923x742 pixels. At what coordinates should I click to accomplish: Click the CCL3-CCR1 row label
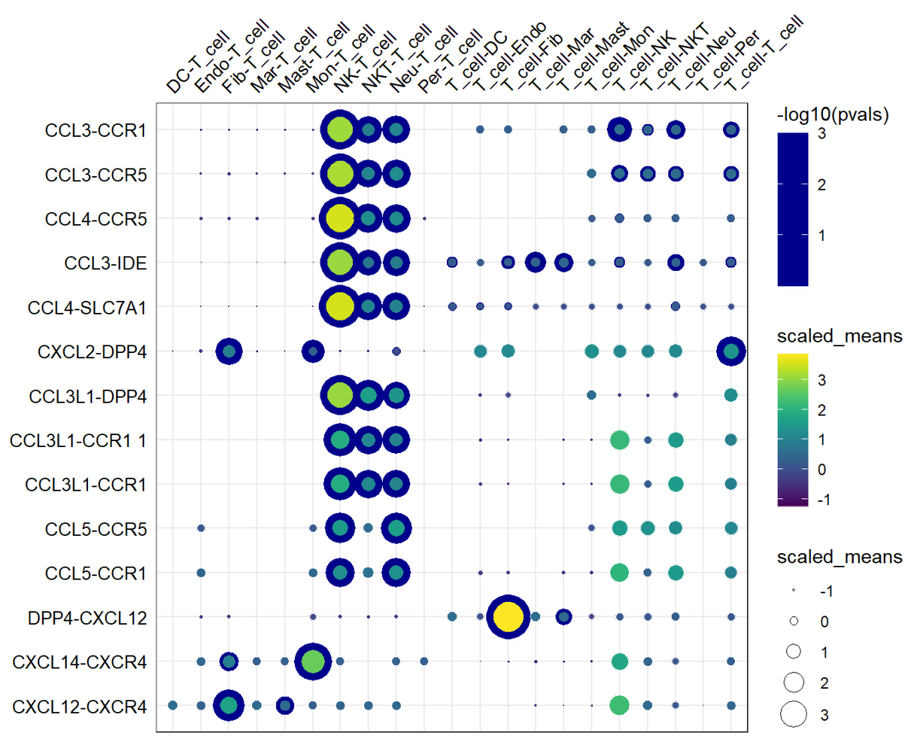coord(95,130)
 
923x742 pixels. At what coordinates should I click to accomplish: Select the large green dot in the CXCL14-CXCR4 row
coord(313,661)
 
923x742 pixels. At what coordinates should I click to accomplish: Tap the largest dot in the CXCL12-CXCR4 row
coord(229,705)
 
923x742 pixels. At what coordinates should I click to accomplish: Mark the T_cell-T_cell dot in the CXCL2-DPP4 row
coord(731,350)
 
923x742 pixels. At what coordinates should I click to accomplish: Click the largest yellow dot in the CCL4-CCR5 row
coord(340,218)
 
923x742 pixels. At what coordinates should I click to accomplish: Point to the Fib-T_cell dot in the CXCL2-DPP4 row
coord(229,350)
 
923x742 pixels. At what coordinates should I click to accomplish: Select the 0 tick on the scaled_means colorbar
coord(821,468)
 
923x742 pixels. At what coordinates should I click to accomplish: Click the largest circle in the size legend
coord(795,713)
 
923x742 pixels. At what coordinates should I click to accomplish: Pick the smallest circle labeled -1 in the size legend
coord(794,590)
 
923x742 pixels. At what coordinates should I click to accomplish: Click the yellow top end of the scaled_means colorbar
coord(794,357)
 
